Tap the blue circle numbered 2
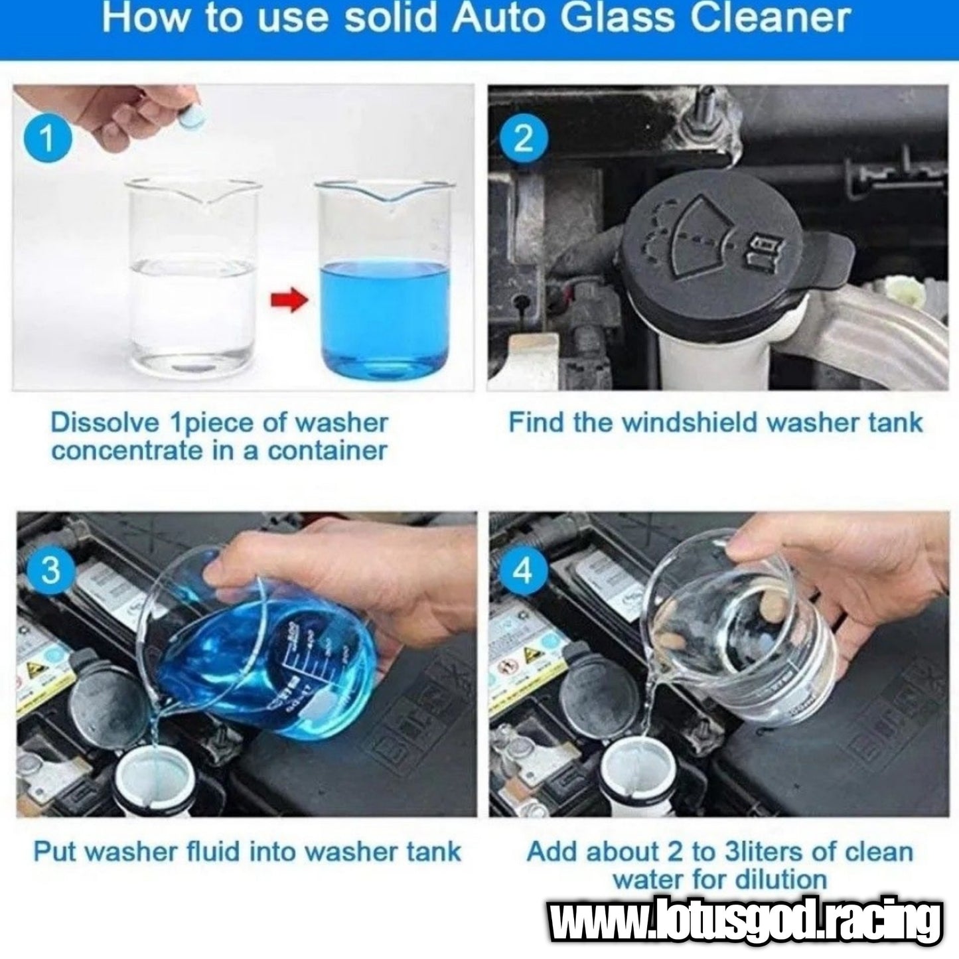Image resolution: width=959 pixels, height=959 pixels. [x=522, y=140]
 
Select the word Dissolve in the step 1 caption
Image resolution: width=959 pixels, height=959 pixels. [x=106, y=423]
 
